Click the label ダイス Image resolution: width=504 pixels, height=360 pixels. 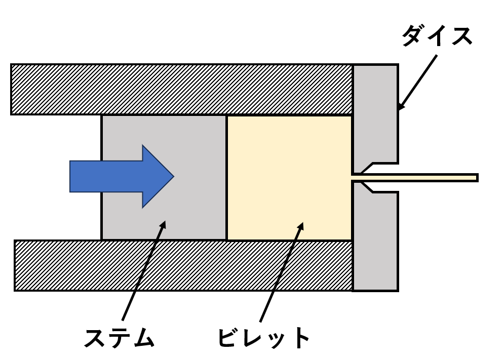tap(437, 37)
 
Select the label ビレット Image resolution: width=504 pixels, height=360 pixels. tap(263, 338)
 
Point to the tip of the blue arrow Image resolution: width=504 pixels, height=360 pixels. tap(173, 176)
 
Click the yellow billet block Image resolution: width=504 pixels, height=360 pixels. tap(289, 177)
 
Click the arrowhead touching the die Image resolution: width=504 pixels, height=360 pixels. tap(401, 106)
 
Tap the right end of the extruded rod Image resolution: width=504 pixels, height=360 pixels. tap(477, 178)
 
